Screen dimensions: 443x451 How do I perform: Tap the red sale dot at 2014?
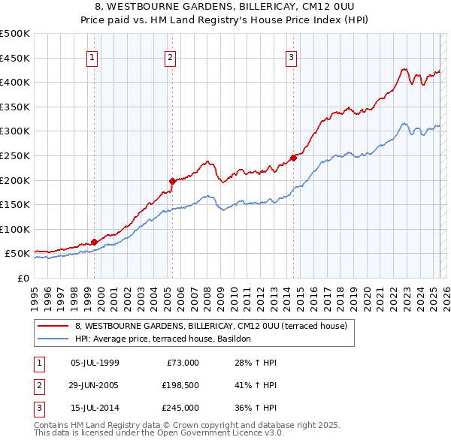click(293, 158)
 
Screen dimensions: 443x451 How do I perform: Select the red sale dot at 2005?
click(172, 180)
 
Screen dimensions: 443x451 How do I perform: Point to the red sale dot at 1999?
click(94, 242)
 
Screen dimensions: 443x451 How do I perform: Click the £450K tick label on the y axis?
click(15, 58)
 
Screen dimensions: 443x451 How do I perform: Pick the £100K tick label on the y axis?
click(15, 229)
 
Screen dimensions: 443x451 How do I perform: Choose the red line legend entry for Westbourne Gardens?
click(210, 327)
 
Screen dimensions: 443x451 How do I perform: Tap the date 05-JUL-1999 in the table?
click(94, 363)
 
